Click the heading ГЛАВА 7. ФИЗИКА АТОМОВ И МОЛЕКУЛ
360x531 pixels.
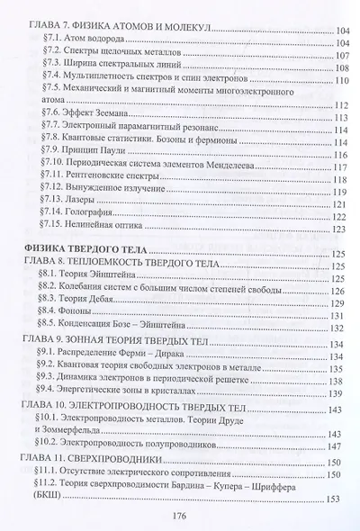coord(117,30)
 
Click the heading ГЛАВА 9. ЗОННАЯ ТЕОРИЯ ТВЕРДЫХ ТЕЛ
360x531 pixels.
coord(125,341)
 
